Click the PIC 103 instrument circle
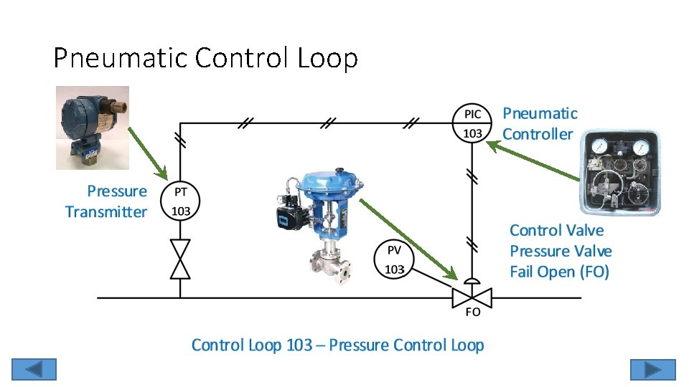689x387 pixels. [x=472, y=123]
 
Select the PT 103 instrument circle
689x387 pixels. [x=181, y=201]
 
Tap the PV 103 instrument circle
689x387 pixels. [x=394, y=258]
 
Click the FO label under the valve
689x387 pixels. [x=473, y=312]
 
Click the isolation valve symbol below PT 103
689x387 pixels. [x=180, y=259]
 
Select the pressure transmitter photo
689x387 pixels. [x=93, y=128]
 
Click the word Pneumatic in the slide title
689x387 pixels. [x=120, y=58]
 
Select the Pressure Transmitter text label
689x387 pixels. [x=106, y=201]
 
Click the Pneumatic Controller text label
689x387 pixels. [x=539, y=123]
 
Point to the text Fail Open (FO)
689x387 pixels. [x=559, y=272]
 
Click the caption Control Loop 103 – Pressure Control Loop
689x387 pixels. [x=337, y=345]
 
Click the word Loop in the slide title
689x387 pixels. [x=328, y=58]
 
